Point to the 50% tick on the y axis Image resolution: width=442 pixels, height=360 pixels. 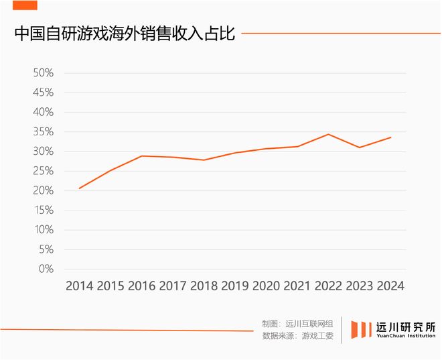pos(43,72)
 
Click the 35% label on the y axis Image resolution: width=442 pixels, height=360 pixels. pos(43,131)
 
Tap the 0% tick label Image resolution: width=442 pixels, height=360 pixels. pos(46,269)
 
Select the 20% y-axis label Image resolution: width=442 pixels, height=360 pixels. pos(43,190)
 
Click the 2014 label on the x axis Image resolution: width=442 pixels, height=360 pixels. pos(79,286)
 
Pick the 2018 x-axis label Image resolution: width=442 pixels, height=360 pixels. pos(204,286)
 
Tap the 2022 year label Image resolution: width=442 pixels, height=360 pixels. pos(328,286)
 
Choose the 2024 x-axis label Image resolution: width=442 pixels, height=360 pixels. pos(390,286)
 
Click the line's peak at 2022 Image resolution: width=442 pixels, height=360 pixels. pos(327,134)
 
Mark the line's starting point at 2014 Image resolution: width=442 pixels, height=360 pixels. pos(79,188)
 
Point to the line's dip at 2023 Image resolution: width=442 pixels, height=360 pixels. pos(359,147)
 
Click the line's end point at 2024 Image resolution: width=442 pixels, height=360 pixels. pos(390,137)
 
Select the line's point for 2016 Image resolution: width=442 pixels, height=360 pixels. pos(141,156)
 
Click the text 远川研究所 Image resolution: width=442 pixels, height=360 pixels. pos(406,326)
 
